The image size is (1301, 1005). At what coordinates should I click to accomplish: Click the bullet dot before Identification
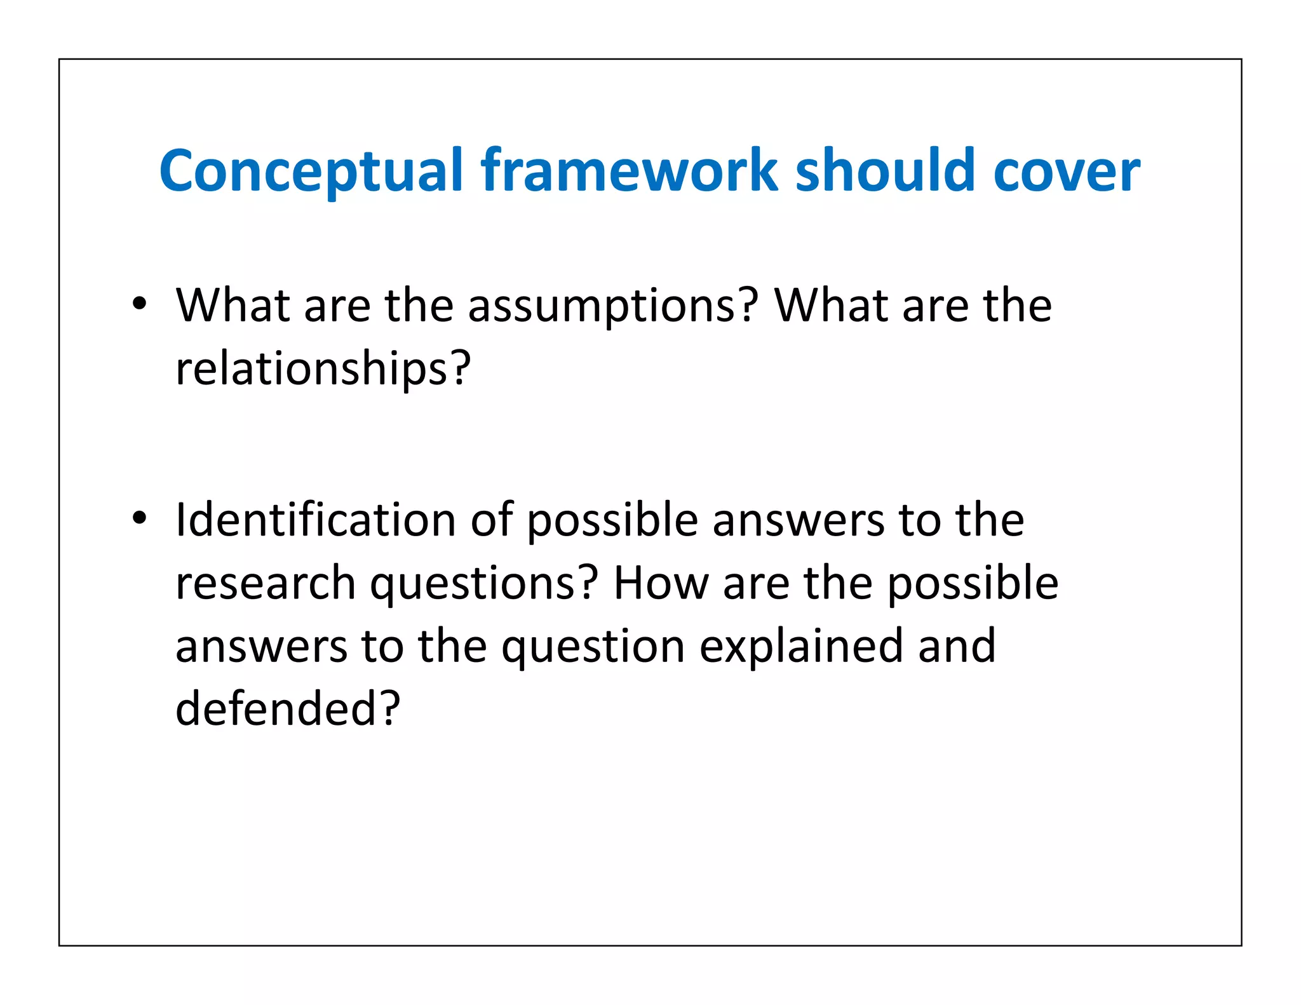pos(140,517)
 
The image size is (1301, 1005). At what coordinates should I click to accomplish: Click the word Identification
pos(316,520)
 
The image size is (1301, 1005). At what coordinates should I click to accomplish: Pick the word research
pos(265,583)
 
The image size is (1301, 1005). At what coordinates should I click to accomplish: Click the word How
pos(661,583)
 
